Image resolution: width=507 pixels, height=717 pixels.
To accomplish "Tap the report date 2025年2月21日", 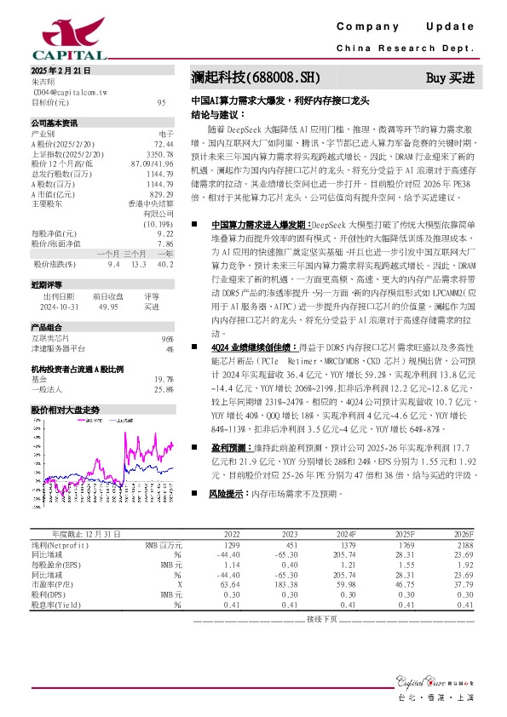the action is click(60, 71).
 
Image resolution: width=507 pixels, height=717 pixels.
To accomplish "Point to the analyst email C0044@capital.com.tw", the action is click(69, 91).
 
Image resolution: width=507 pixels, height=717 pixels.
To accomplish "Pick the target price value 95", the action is click(161, 102).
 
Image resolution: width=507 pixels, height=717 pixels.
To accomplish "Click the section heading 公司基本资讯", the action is click(55, 123).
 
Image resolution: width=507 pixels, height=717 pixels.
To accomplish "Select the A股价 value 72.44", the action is click(164, 144).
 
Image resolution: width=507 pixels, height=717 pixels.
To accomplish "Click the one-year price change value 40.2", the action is click(165, 265).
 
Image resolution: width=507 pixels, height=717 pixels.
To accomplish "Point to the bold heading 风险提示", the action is click(231, 493).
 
